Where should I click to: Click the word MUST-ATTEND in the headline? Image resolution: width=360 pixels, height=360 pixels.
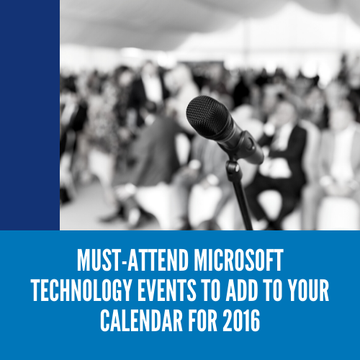point(132,261)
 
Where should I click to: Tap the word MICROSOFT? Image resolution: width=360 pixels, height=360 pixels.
point(238,261)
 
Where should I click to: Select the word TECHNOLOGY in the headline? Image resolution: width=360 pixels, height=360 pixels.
point(81,290)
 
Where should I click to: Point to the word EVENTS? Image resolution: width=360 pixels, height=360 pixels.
point(167,290)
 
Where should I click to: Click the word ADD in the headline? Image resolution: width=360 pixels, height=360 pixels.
point(242,290)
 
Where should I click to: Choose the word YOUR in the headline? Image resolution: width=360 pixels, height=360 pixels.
point(308,290)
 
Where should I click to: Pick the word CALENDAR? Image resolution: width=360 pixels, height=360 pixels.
point(141,320)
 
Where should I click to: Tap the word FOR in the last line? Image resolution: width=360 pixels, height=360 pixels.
point(202,320)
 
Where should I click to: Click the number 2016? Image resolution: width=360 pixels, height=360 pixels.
point(241,320)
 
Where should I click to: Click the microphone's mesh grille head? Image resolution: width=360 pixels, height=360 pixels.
point(210,117)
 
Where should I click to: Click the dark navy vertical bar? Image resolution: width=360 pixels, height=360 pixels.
point(30,115)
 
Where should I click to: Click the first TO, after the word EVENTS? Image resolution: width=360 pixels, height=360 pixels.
point(211,290)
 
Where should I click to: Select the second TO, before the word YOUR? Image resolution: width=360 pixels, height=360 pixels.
point(274,290)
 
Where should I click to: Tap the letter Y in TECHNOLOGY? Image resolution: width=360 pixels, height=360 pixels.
point(126,290)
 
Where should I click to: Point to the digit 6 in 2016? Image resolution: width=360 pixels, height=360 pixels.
point(255,320)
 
